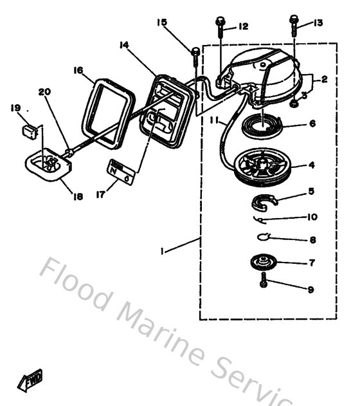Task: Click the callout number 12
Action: coord(243,26)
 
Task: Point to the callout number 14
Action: coord(124,44)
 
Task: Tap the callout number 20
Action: coord(44,92)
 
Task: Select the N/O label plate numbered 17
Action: coord(121,171)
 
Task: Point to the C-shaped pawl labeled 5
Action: coord(262,203)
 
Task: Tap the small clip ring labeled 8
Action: coord(264,237)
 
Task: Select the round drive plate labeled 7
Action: coord(264,263)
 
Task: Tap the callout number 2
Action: coord(325,80)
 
